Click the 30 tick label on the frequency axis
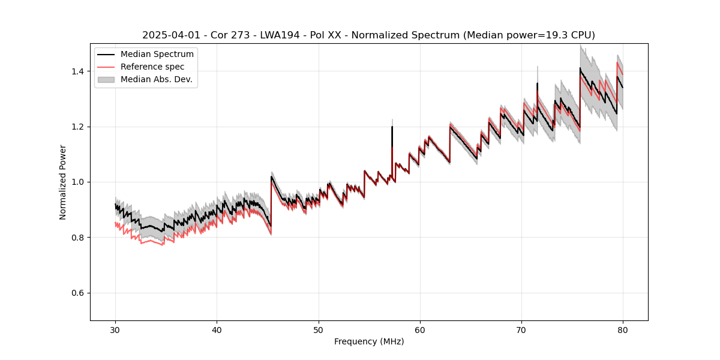pyautogui.click(x=116, y=329)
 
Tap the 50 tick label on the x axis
pyautogui.click(x=319, y=329)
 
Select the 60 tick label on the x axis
pyautogui.click(x=420, y=329)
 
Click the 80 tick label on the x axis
pyautogui.click(x=623, y=329)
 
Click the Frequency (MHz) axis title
pyautogui.click(x=369, y=341)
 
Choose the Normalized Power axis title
pyautogui.click(x=63, y=182)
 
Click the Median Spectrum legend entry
pyautogui.click(x=157, y=55)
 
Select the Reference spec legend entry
pyautogui.click(x=152, y=67)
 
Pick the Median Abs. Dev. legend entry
pyautogui.click(x=157, y=79)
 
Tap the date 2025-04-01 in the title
pyautogui.click(x=168, y=35)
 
